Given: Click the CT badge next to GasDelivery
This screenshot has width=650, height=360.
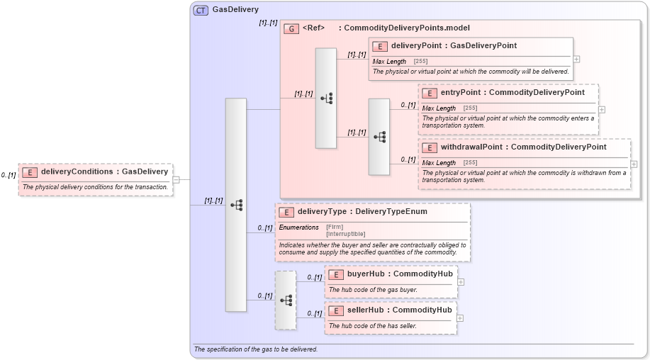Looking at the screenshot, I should [201, 10].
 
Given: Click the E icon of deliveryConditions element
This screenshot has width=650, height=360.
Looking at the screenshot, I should [29, 171].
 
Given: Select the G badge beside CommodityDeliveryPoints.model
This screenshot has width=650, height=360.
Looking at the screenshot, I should [291, 28].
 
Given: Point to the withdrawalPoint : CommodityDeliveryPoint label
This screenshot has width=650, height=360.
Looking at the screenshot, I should [523, 147].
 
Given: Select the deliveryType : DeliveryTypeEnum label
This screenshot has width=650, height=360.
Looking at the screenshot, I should [362, 211].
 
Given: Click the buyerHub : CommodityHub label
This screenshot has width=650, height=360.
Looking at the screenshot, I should [391, 274].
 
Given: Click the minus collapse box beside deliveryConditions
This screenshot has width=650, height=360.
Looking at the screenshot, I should [176, 179].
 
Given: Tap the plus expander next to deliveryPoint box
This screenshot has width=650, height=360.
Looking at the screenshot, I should [577, 60].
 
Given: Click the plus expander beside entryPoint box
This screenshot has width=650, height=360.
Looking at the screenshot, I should [602, 110].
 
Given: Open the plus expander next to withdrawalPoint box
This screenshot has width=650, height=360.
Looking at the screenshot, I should [634, 164].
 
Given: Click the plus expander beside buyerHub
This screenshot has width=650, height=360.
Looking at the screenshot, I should [461, 281].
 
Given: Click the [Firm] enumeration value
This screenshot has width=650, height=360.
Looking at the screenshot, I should [335, 227].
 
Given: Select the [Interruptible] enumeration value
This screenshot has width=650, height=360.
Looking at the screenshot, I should [345, 234].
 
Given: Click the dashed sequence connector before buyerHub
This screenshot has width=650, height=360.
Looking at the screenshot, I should [286, 300].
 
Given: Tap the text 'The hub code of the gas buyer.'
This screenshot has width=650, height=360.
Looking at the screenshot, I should [373, 289].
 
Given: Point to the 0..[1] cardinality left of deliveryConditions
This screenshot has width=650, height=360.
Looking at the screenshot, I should [9, 175].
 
